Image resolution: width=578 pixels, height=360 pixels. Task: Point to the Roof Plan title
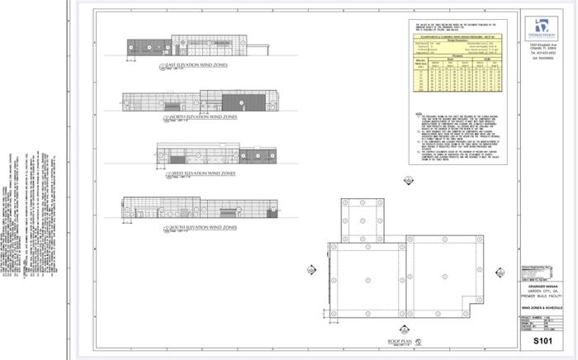pos(400,341)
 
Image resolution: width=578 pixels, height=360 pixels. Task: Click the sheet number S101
pos(542,339)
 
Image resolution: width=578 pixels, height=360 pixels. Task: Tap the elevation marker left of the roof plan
pos(310,269)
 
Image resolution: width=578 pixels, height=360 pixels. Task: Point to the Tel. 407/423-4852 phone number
pos(542,53)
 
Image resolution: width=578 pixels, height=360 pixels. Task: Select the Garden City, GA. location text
pos(542,292)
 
